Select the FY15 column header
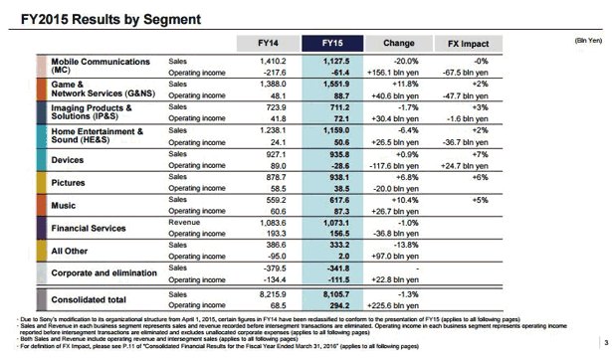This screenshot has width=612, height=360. click(336, 44)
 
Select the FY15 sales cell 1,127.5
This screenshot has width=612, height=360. click(339, 61)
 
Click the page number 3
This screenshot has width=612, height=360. click(595, 343)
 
